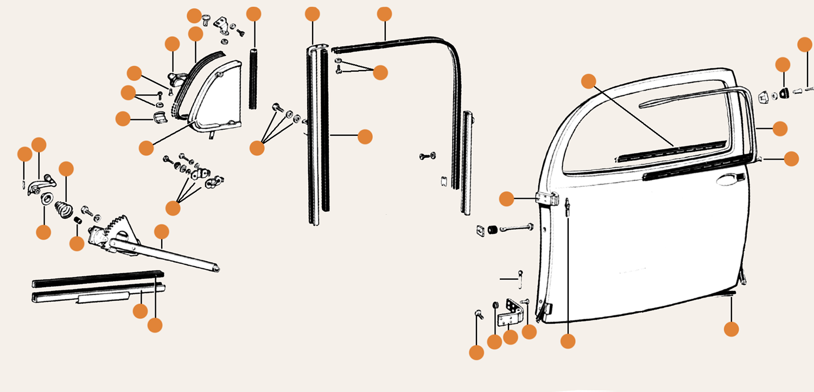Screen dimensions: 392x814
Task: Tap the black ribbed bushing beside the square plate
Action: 492,230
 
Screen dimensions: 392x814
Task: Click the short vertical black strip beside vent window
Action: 252,79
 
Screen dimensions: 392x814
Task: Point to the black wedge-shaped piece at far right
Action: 785,93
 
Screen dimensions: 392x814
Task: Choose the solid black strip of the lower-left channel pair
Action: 98,279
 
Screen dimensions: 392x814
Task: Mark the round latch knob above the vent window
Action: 175,81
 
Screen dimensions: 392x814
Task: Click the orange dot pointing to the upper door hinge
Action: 506,199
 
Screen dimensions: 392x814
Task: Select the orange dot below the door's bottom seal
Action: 732,329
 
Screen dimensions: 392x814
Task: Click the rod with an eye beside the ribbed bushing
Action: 516,229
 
